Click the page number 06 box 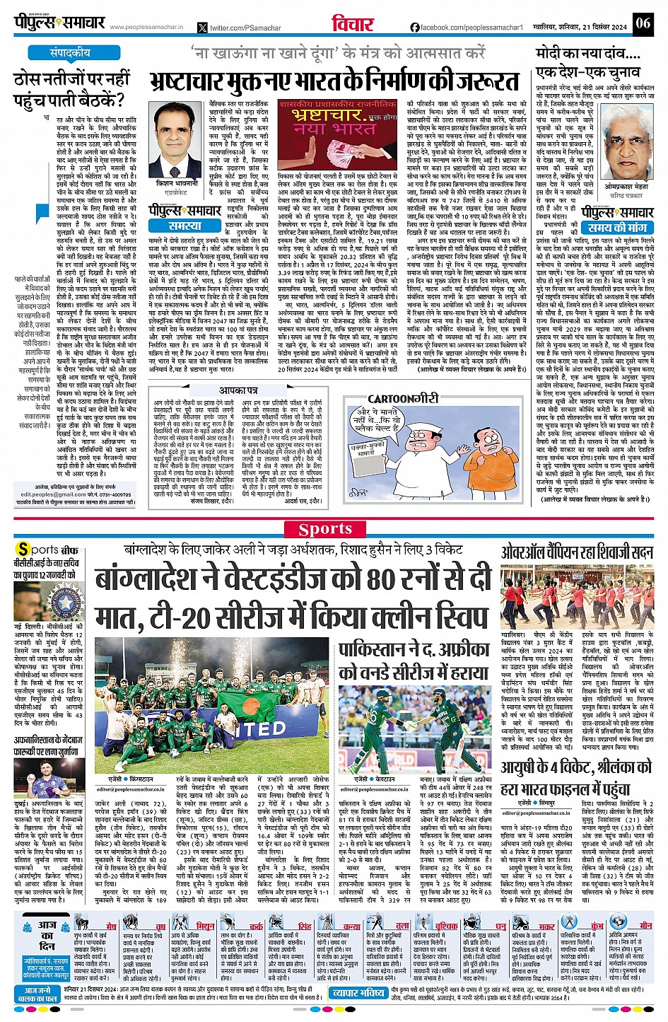point(643,23)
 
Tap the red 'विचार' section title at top point(353,23)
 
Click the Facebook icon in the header point(415,28)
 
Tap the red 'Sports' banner point(325,529)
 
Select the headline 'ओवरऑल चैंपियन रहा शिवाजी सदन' point(578,552)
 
